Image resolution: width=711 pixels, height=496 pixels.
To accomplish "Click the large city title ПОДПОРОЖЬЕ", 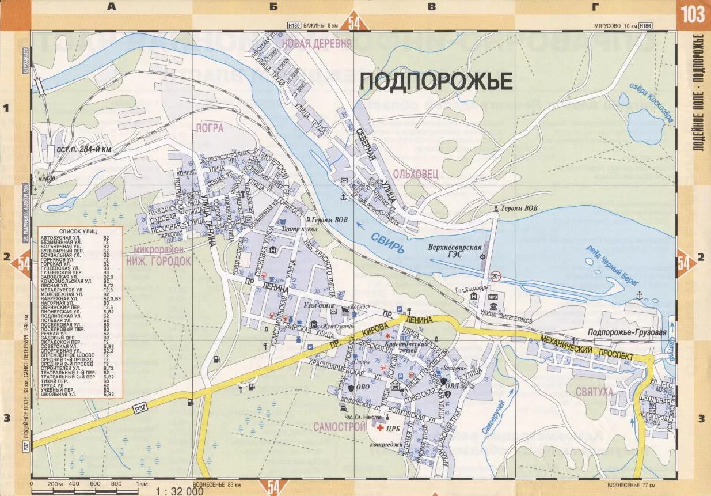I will pyautogui.click(x=436, y=82).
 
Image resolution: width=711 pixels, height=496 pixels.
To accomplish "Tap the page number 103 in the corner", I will pyautogui.click(x=693, y=14).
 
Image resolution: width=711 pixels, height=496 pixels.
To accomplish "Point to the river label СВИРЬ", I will pyautogui.click(x=387, y=243).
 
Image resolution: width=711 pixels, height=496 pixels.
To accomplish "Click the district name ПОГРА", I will pyautogui.click(x=210, y=128).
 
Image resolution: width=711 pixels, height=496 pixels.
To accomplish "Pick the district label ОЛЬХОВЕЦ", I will pyautogui.click(x=416, y=173).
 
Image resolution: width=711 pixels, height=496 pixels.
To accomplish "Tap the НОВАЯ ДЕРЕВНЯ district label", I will pyautogui.click(x=316, y=44).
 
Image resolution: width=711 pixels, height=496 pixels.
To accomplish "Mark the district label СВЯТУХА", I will pyautogui.click(x=594, y=392).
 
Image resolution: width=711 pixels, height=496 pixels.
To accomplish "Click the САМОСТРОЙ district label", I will pyautogui.click(x=340, y=427).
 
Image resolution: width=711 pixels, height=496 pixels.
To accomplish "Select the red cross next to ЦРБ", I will pyautogui.click(x=380, y=427).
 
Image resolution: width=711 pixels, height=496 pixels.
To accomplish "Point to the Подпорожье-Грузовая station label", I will pyautogui.click(x=627, y=332).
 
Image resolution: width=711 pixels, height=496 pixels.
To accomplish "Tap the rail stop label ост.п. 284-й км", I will pyautogui.click(x=83, y=150).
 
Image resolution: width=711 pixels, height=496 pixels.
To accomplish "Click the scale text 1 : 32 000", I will pyautogui.click(x=180, y=491).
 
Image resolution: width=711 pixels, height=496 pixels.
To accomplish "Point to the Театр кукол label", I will pyautogui.click(x=299, y=229).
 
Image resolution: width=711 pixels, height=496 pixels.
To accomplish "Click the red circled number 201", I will pyautogui.click(x=496, y=277).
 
